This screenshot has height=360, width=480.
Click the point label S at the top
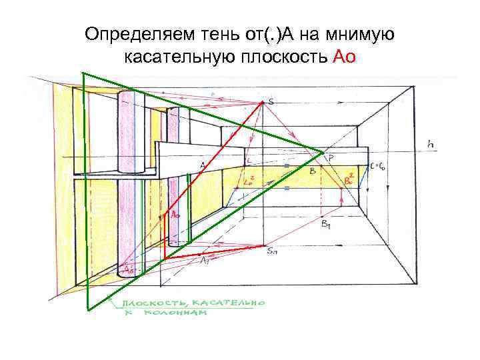coord(271,101)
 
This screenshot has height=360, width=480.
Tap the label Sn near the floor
coord(272,251)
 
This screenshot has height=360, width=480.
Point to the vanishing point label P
coord(331,157)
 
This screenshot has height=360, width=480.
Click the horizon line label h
coord(431,142)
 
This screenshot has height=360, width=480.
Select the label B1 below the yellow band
coord(326,225)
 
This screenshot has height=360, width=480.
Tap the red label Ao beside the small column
coord(175,215)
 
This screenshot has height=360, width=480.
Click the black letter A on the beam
coord(202,165)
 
